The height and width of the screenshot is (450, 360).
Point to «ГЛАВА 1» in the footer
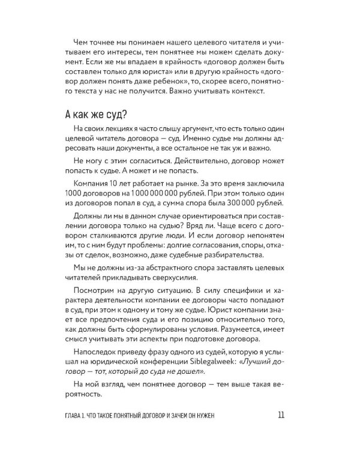(x=79, y=416)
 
